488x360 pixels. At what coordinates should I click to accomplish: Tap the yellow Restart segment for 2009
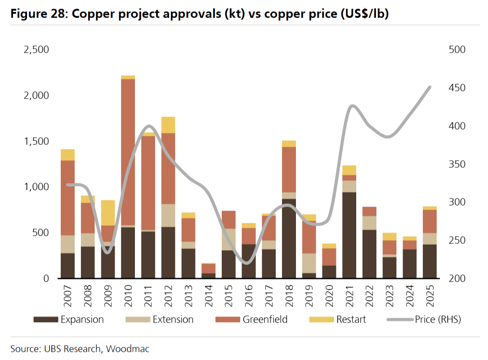(108, 212)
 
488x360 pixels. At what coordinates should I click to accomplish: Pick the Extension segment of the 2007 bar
(67, 244)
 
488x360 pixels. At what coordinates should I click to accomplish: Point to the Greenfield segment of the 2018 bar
(289, 169)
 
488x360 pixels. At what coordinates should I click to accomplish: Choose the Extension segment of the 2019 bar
(309, 263)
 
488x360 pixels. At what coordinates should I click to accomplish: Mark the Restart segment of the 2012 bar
(168, 125)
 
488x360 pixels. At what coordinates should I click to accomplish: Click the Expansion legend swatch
(46, 319)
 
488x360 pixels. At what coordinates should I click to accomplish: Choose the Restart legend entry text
(351, 319)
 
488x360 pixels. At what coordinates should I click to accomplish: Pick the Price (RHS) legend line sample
(399, 319)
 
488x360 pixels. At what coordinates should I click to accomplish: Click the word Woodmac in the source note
(127, 348)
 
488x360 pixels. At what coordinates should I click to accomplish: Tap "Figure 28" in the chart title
(36, 14)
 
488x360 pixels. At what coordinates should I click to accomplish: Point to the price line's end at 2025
(430, 87)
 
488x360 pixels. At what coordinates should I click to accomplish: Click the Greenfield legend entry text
(265, 319)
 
